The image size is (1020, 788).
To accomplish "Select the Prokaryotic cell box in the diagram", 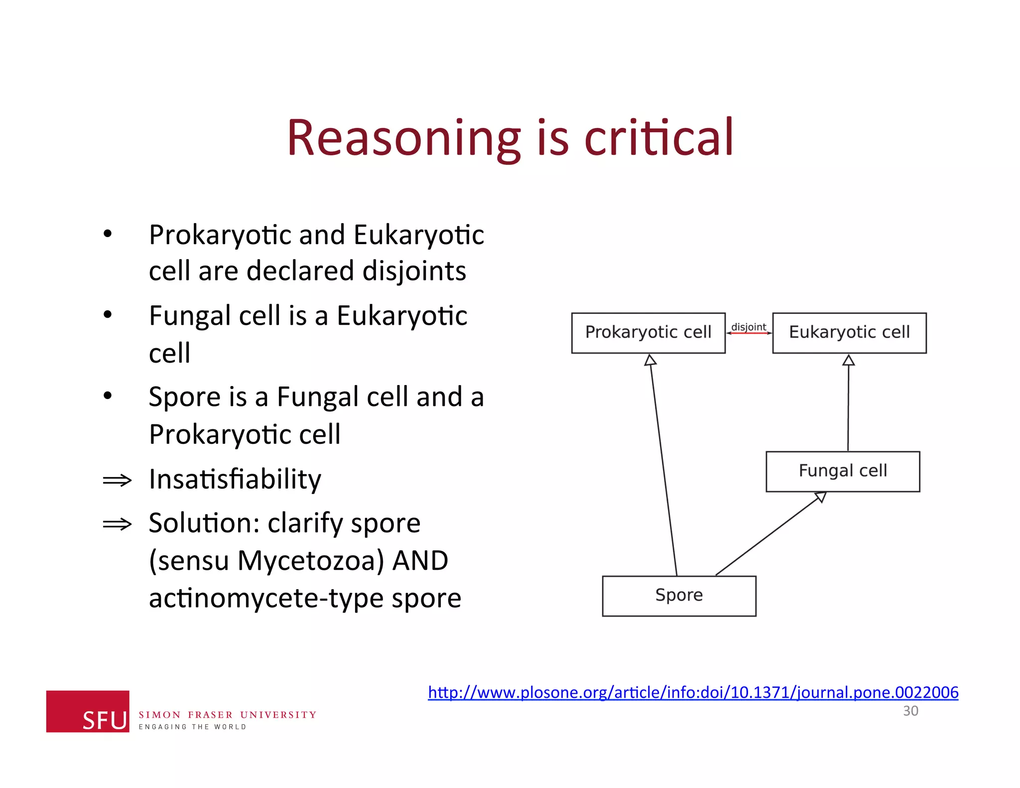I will tap(648, 333).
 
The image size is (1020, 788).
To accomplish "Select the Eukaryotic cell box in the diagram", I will tap(849, 333).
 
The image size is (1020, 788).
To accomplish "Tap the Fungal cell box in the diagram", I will tap(843, 471).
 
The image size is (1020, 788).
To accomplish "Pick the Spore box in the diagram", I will tap(679, 596).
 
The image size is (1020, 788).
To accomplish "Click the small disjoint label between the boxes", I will tap(749, 327).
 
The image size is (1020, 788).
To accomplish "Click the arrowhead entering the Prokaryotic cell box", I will tap(650, 360).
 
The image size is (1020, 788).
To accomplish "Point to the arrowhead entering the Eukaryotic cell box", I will tap(849, 360).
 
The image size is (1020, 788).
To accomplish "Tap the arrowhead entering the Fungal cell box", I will tap(820, 497).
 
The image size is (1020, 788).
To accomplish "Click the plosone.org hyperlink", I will tap(693, 692).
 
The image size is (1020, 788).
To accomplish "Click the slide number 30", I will tap(910, 711).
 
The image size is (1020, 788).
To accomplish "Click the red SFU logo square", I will tap(88, 711).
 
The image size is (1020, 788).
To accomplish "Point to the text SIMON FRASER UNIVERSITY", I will tap(227, 715).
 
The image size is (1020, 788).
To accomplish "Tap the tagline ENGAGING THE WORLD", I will tap(192, 727).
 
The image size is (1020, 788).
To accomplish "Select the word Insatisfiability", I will tap(235, 479).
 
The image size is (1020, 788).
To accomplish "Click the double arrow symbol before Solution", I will tap(117, 524).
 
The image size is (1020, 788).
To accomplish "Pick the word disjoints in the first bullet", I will tap(414, 271).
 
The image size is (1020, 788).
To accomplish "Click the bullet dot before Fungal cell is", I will tap(108, 315).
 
